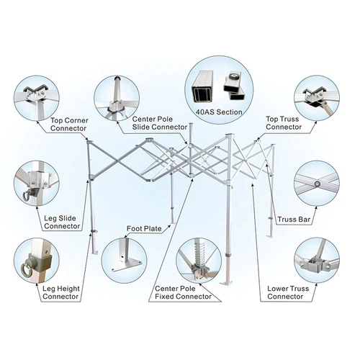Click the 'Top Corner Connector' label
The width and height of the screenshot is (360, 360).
click(69, 125)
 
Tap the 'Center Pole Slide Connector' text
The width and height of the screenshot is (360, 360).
click(160, 123)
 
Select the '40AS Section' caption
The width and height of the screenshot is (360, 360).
click(219, 112)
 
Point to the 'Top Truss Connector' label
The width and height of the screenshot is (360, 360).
click(284, 123)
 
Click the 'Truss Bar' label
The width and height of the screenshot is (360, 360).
click(294, 220)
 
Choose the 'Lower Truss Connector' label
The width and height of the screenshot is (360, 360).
click(288, 292)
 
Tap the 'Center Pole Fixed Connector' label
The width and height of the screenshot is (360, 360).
click(183, 292)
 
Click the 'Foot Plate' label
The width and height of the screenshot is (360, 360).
click(144, 228)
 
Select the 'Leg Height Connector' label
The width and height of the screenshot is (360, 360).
click(61, 292)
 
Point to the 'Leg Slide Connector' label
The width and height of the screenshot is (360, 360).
click(62, 222)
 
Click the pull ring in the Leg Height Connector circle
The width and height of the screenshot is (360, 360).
click(25, 271)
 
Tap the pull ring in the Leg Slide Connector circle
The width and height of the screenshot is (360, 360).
click(27, 195)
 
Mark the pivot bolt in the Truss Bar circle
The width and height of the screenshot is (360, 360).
click(318, 184)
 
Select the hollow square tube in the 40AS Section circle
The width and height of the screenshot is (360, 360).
click(202, 86)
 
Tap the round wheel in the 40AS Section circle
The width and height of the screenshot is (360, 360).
click(233, 76)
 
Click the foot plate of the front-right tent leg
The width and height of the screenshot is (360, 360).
click(227, 283)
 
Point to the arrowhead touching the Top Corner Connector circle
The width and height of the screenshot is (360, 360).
click(37, 122)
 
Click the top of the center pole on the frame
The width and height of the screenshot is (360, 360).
click(191, 124)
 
